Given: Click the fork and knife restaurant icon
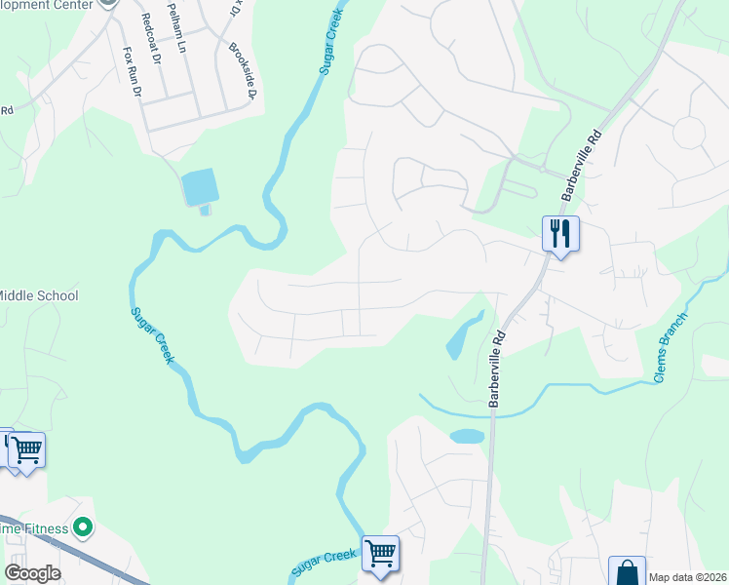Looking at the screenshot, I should click(x=560, y=234).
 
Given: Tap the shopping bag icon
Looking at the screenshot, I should click(x=627, y=571).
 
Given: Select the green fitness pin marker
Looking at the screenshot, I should click(x=83, y=528).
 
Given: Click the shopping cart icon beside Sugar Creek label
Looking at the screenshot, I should click(x=380, y=554).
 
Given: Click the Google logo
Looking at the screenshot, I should click(x=32, y=572).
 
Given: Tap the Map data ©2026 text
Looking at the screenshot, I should click(x=687, y=577).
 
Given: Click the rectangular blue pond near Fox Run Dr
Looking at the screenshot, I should click(x=198, y=186).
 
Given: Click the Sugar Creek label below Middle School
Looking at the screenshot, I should click(x=153, y=335).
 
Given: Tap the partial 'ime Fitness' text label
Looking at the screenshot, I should click(x=34, y=528).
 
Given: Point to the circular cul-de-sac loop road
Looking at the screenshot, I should click(x=689, y=132).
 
